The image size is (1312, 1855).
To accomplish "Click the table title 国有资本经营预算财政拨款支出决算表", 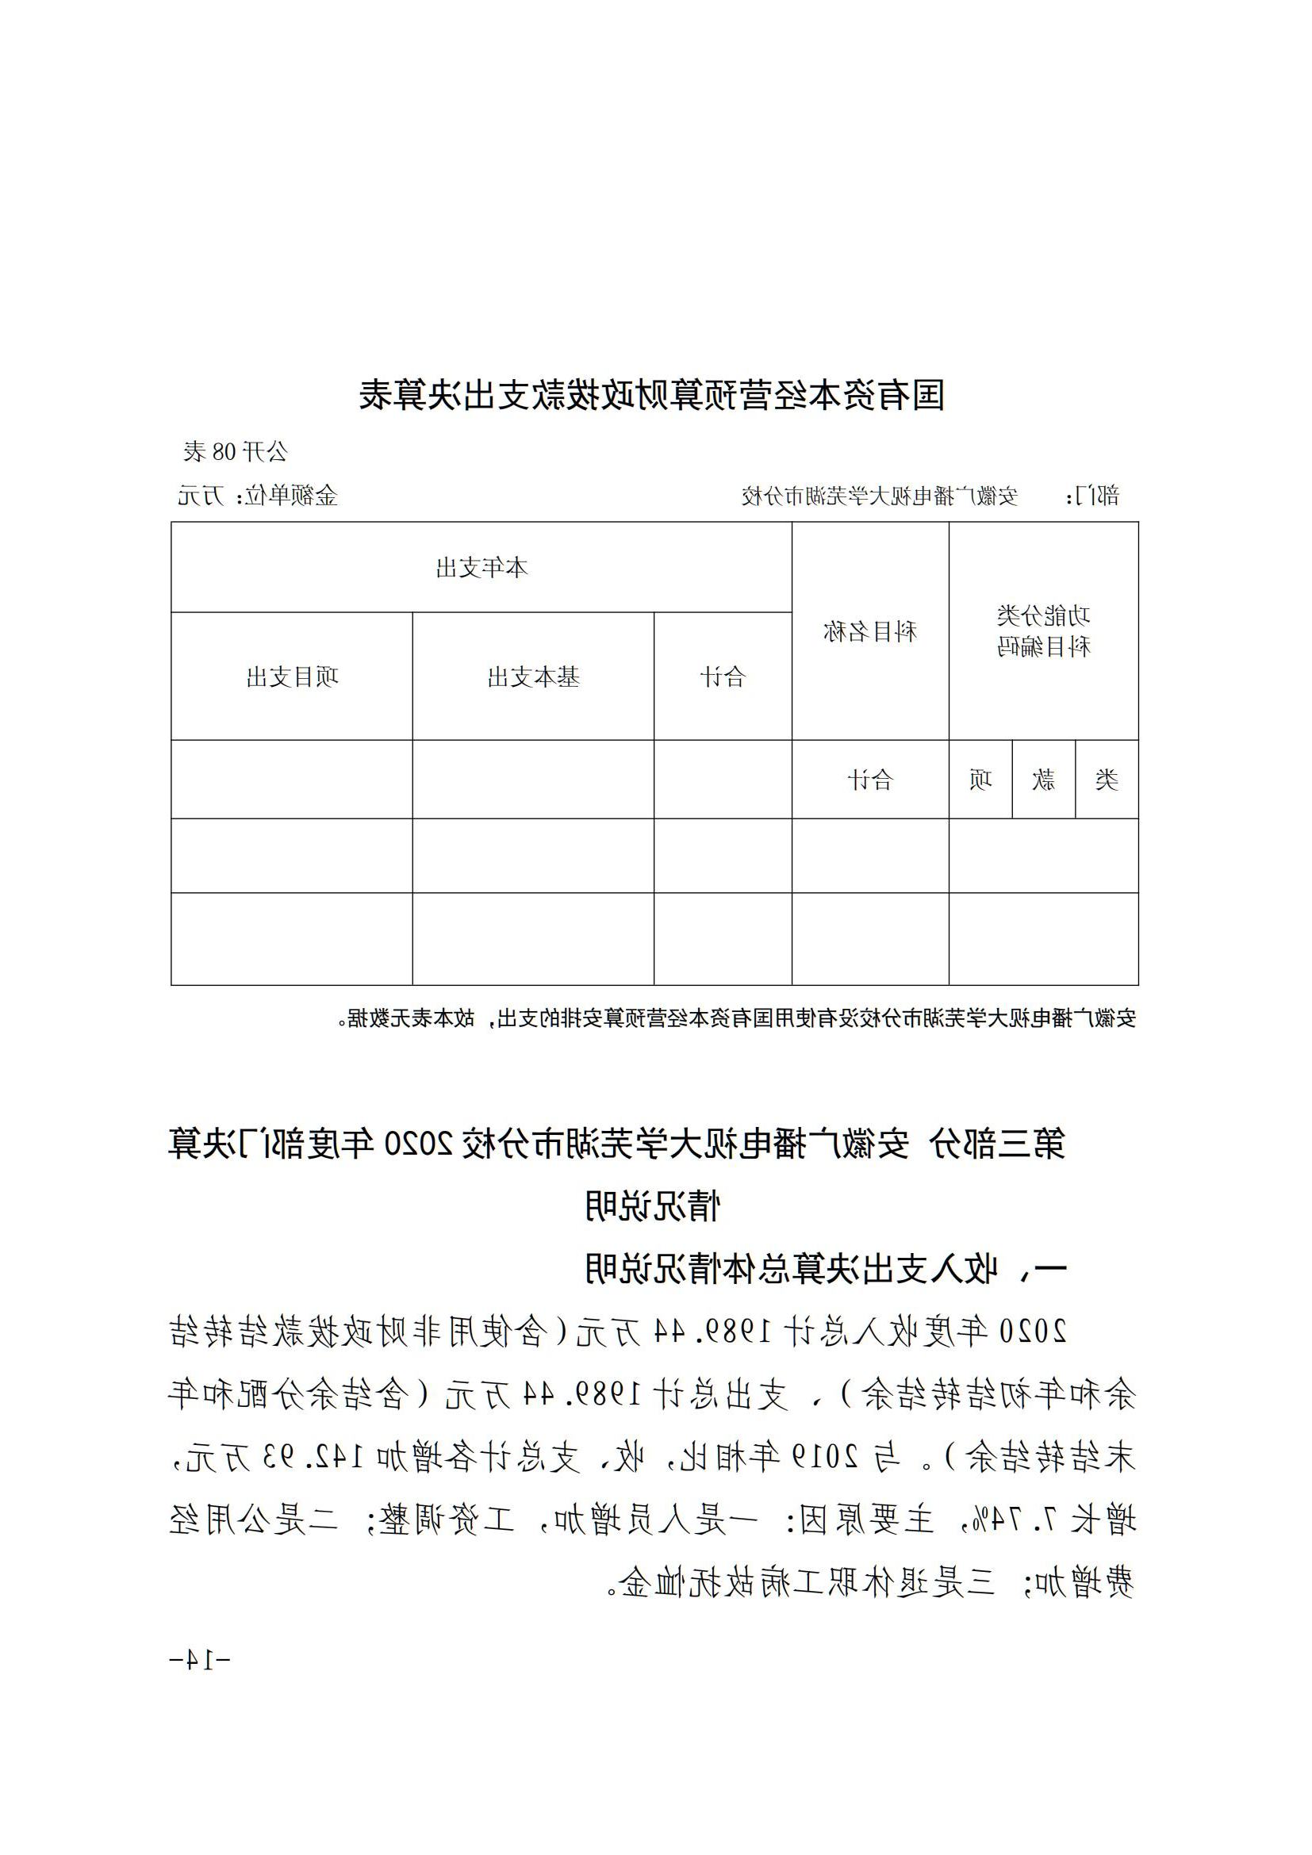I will (652, 395).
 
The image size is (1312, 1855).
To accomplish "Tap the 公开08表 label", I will (235, 451).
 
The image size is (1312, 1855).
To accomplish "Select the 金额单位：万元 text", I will (258, 495).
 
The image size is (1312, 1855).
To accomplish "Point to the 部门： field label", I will (1094, 495).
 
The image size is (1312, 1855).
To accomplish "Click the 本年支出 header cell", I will (481, 568).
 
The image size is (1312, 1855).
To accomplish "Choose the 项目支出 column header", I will (292, 677).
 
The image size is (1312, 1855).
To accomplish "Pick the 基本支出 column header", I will (533, 677).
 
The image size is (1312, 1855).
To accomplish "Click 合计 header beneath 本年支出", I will (723, 677).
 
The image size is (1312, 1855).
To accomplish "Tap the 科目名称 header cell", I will (870, 631).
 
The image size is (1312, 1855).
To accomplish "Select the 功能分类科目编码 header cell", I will (1043, 631).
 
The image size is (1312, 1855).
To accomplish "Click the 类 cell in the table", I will (1107, 780).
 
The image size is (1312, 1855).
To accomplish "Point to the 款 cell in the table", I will (1044, 780).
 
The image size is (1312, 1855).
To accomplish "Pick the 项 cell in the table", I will (980, 780).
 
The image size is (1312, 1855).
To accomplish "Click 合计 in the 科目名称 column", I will (870, 780).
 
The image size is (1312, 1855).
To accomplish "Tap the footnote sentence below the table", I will (742, 1018).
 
